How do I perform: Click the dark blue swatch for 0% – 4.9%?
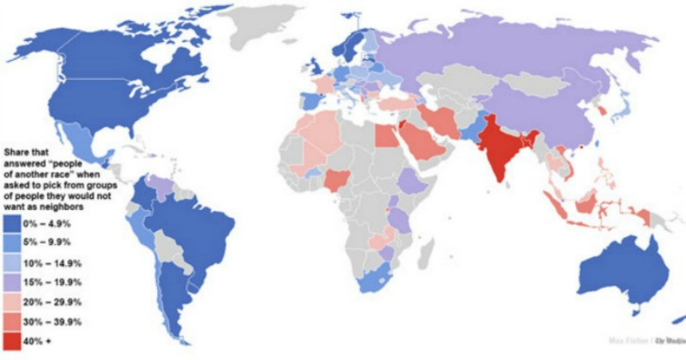tap(15, 224)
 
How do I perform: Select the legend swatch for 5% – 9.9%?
tap(15, 243)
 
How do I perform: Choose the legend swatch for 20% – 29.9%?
tap(15, 303)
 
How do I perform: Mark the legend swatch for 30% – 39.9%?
tap(15, 322)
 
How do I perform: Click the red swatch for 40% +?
tap(15, 342)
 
